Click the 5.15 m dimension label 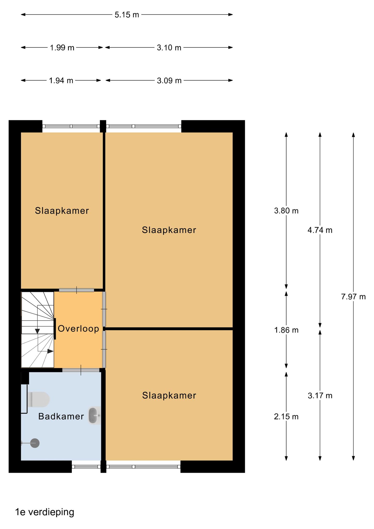coord(127,15)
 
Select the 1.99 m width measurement coord(62,48)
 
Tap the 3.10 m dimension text coord(169,48)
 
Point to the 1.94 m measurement coord(61,81)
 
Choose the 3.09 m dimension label coord(169,81)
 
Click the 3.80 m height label coord(286,211)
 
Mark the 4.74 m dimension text coord(320,230)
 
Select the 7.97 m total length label coord(353,297)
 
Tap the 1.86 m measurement coord(286,330)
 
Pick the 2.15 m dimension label coord(286,416)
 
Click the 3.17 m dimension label coord(320,395)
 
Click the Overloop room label coord(78,329)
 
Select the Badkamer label coord(61,416)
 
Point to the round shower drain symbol coord(35,443)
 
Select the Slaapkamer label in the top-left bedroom coord(62,211)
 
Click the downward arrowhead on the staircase coord(37,331)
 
